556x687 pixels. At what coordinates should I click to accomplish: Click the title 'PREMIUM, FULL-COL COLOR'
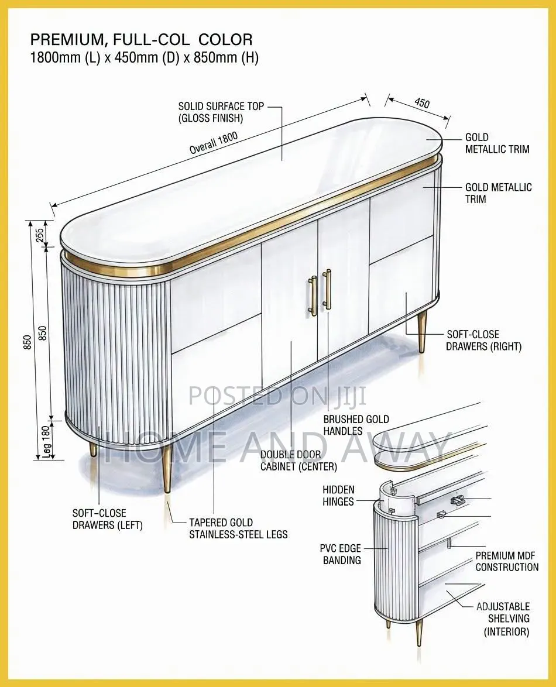(141, 40)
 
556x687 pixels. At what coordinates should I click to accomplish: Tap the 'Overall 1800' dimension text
(214, 143)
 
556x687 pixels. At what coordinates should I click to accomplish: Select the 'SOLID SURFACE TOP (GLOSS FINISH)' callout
(221, 112)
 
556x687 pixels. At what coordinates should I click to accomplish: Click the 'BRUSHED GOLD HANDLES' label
(356, 425)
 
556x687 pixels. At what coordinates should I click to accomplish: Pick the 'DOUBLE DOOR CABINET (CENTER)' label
(299, 461)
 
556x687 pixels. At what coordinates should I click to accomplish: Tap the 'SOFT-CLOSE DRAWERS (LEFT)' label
(108, 518)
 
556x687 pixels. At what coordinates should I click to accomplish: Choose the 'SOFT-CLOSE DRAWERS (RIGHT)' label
(483, 341)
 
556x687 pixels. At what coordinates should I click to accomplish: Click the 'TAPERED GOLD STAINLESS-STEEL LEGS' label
(238, 528)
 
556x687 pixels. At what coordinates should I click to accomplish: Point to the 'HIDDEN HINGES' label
(338, 496)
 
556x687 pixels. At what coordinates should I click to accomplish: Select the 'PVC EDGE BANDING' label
(341, 554)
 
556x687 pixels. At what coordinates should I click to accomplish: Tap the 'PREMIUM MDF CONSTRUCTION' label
(507, 561)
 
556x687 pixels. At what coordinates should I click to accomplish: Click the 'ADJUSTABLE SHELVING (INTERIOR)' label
(503, 619)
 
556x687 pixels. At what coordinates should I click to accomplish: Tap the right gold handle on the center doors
(327, 289)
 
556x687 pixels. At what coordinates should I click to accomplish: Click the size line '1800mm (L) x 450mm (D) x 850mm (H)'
(144, 57)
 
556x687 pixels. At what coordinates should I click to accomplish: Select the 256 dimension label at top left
(39, 234)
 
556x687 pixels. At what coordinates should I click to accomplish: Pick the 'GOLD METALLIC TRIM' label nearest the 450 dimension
(497, 143)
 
